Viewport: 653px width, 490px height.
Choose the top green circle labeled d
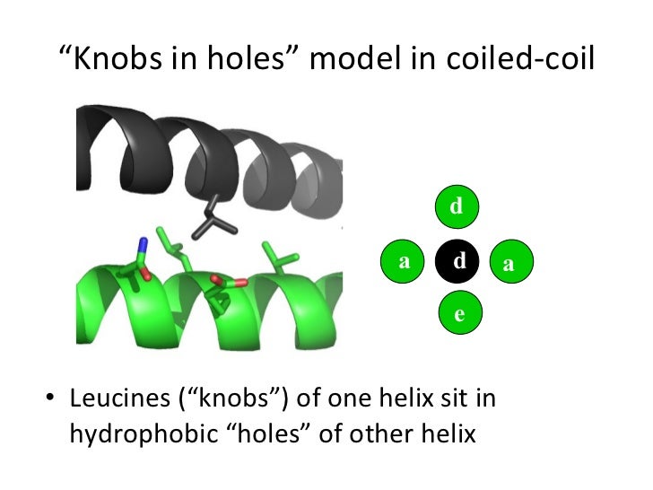coord(457,207)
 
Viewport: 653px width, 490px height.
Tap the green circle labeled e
coord(459,314)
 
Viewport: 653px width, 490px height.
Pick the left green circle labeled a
coord(405,261)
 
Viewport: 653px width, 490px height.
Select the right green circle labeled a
coord(510,262)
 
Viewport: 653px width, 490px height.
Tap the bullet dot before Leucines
coord(50,398)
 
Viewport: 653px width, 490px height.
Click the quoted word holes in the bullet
coord(272,433)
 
